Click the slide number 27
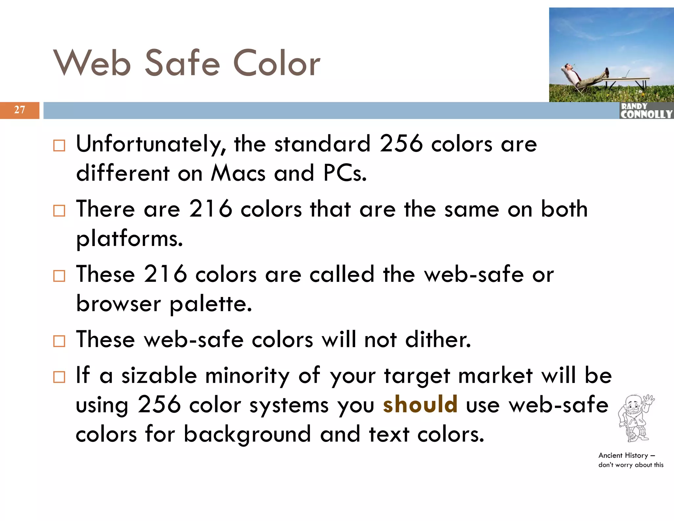coord(19,110)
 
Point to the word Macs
coord(238,173)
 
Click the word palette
coord(211,303)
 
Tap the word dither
coord(438,339)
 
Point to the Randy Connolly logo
coord(646,111)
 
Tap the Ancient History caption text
coord(631,460)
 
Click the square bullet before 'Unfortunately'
coord(59,145)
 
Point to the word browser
coord(118,303)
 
